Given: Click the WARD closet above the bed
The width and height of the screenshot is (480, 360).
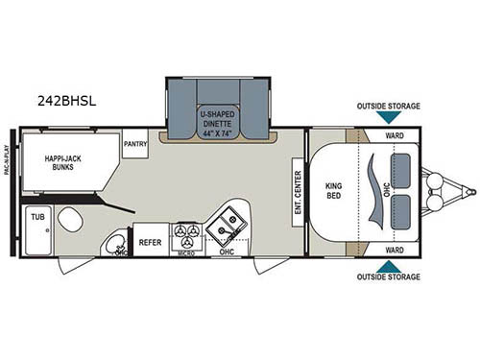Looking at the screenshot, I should coord(394,135).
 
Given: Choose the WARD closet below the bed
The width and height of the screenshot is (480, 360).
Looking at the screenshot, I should coord(394,249).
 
